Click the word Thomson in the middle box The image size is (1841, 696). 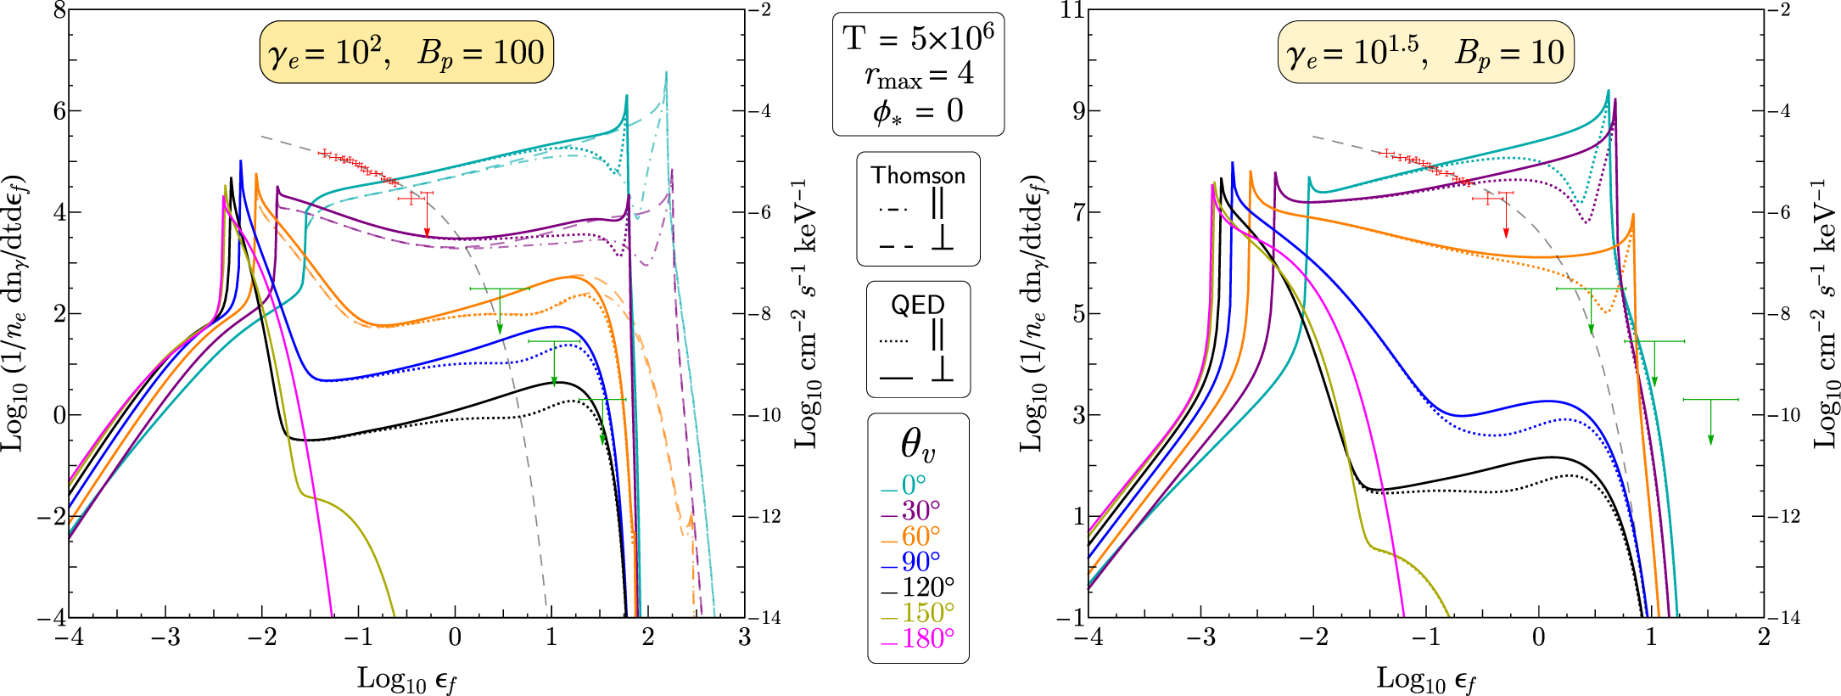[x=918, y=176]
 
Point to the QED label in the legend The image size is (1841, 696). [x=918, y=305]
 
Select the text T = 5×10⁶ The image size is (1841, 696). [x=918, y=38]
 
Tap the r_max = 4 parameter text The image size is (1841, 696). [x=918, y=76]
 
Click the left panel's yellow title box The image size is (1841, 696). [x=406, y=53]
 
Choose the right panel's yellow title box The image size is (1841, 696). [x=1425, y=53]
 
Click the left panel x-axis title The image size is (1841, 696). [x=406, y=679]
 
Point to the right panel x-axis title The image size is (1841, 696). [x=1425, y=679]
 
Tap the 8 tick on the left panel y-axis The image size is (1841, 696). [x=59, y=10]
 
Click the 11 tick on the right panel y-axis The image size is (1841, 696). [x=1074, y=10]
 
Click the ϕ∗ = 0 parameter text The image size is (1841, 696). [x=918, y=112]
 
